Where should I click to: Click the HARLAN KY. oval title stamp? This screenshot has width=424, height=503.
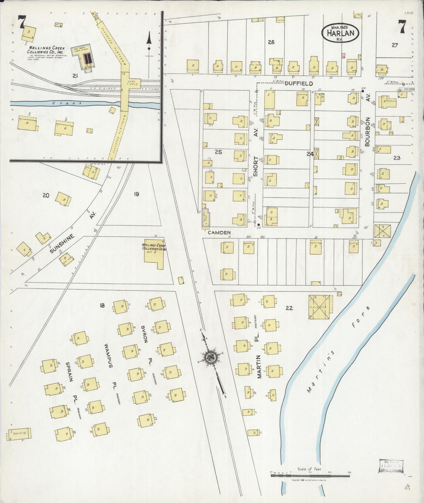(340, 33)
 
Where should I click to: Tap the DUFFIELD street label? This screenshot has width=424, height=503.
(299, 84)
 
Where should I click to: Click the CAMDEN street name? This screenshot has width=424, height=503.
(219, 232)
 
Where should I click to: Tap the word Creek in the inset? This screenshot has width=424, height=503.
(60, 103)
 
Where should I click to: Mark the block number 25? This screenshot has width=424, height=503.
(218, 152)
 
